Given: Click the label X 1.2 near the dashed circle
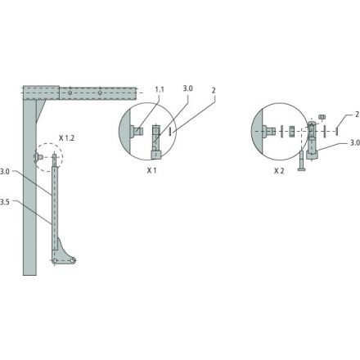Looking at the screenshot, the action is (66, 138).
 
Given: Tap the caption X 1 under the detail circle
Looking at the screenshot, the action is (151, 171).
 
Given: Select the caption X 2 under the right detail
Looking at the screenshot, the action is (279, 171).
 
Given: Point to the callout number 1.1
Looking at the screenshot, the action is (160, 89).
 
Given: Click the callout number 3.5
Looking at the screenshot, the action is (5, 202).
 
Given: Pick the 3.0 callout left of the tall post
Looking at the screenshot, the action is (5, 172).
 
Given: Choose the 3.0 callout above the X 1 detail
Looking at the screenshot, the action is (187, 88).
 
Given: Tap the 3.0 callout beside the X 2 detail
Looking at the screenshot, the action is (355, 142).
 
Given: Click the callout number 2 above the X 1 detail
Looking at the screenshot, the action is (214, 90).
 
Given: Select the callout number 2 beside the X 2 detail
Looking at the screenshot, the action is (358, 115).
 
